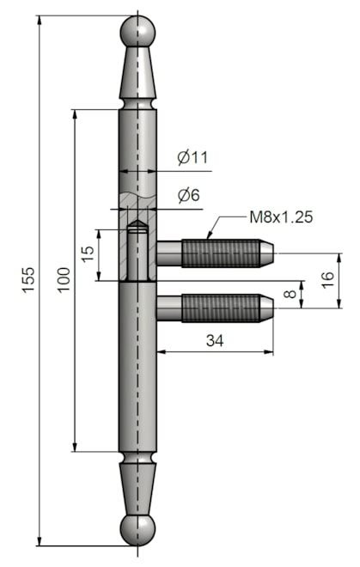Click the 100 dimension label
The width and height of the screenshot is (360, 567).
tap(63, 280)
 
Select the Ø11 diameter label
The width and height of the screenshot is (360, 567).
tap(193, 157)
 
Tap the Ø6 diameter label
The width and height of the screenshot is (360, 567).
tap(189, 196)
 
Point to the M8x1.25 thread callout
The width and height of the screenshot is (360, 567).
tap(280, 216)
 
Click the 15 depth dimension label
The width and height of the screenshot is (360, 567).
tap(87, 254)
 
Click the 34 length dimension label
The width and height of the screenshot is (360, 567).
tap(215, 341)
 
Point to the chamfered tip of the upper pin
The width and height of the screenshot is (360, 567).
tap(267, 254)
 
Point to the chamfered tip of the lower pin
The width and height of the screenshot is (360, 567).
tap(267, 307)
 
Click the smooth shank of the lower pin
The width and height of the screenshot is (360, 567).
tap(168, 307)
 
